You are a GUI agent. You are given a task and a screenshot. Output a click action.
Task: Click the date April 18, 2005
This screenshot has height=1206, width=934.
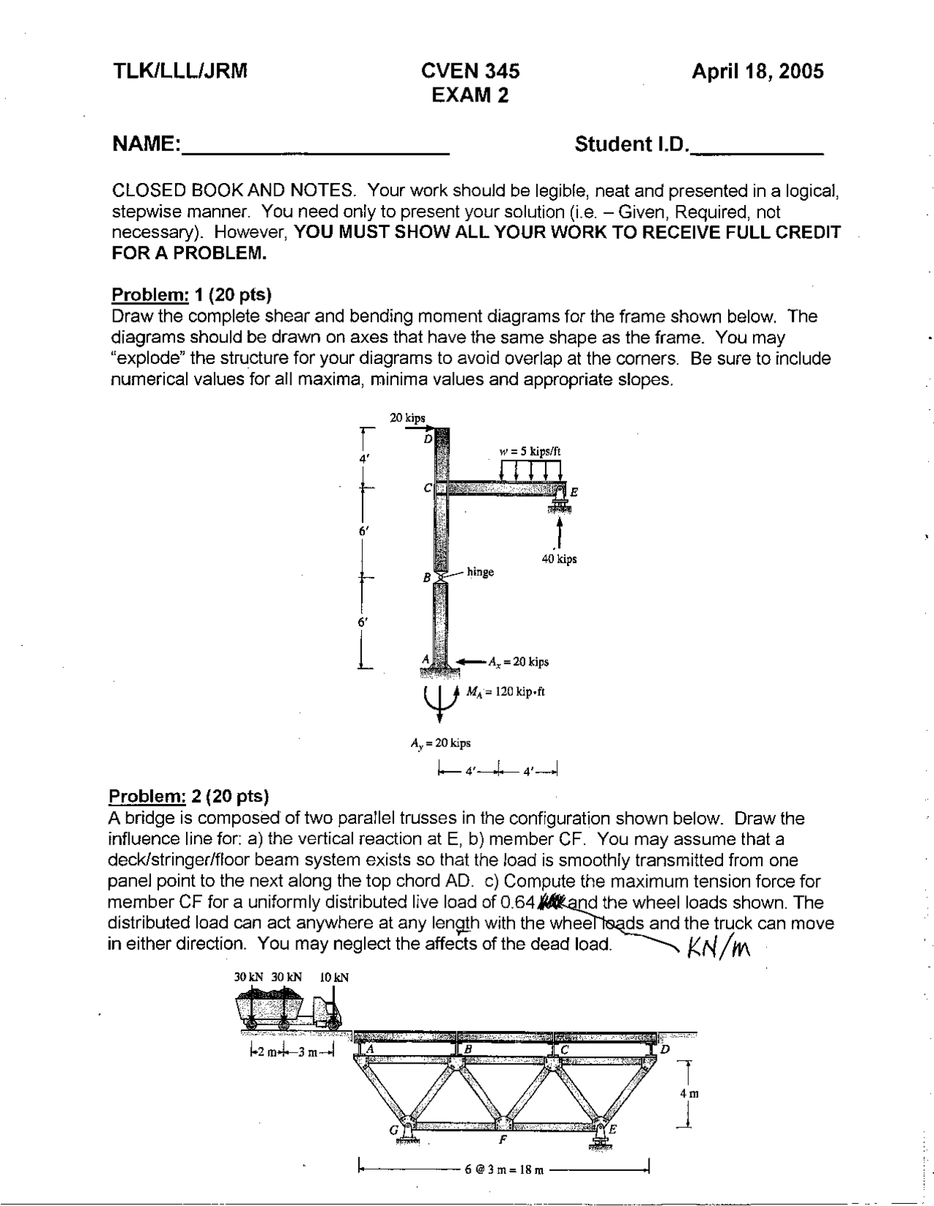757,71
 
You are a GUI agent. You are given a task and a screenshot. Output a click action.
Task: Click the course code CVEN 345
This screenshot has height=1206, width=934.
471,71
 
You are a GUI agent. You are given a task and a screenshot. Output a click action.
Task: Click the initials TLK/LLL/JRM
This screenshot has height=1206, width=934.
180,71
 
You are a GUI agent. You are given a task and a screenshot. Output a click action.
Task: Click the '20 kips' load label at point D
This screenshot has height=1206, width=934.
407,418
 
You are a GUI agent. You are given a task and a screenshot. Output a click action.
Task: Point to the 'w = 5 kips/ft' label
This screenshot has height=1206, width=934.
530,451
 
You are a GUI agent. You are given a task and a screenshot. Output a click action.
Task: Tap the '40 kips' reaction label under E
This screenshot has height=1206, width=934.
559,560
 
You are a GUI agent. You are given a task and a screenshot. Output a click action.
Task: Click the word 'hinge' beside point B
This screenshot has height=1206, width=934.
480,572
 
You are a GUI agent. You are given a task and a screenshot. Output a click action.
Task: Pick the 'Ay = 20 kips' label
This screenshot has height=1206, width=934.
441,743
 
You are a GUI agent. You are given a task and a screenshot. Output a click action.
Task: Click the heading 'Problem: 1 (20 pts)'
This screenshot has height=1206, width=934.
191,295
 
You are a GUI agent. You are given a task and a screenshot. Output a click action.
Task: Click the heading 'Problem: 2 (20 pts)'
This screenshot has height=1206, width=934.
189,795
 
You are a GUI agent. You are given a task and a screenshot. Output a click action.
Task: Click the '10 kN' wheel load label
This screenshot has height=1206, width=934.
334,977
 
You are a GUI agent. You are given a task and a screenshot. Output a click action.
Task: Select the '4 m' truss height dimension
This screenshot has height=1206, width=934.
689,1094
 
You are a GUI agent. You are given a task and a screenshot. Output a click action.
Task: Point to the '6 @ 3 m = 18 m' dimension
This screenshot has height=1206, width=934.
504,1170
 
